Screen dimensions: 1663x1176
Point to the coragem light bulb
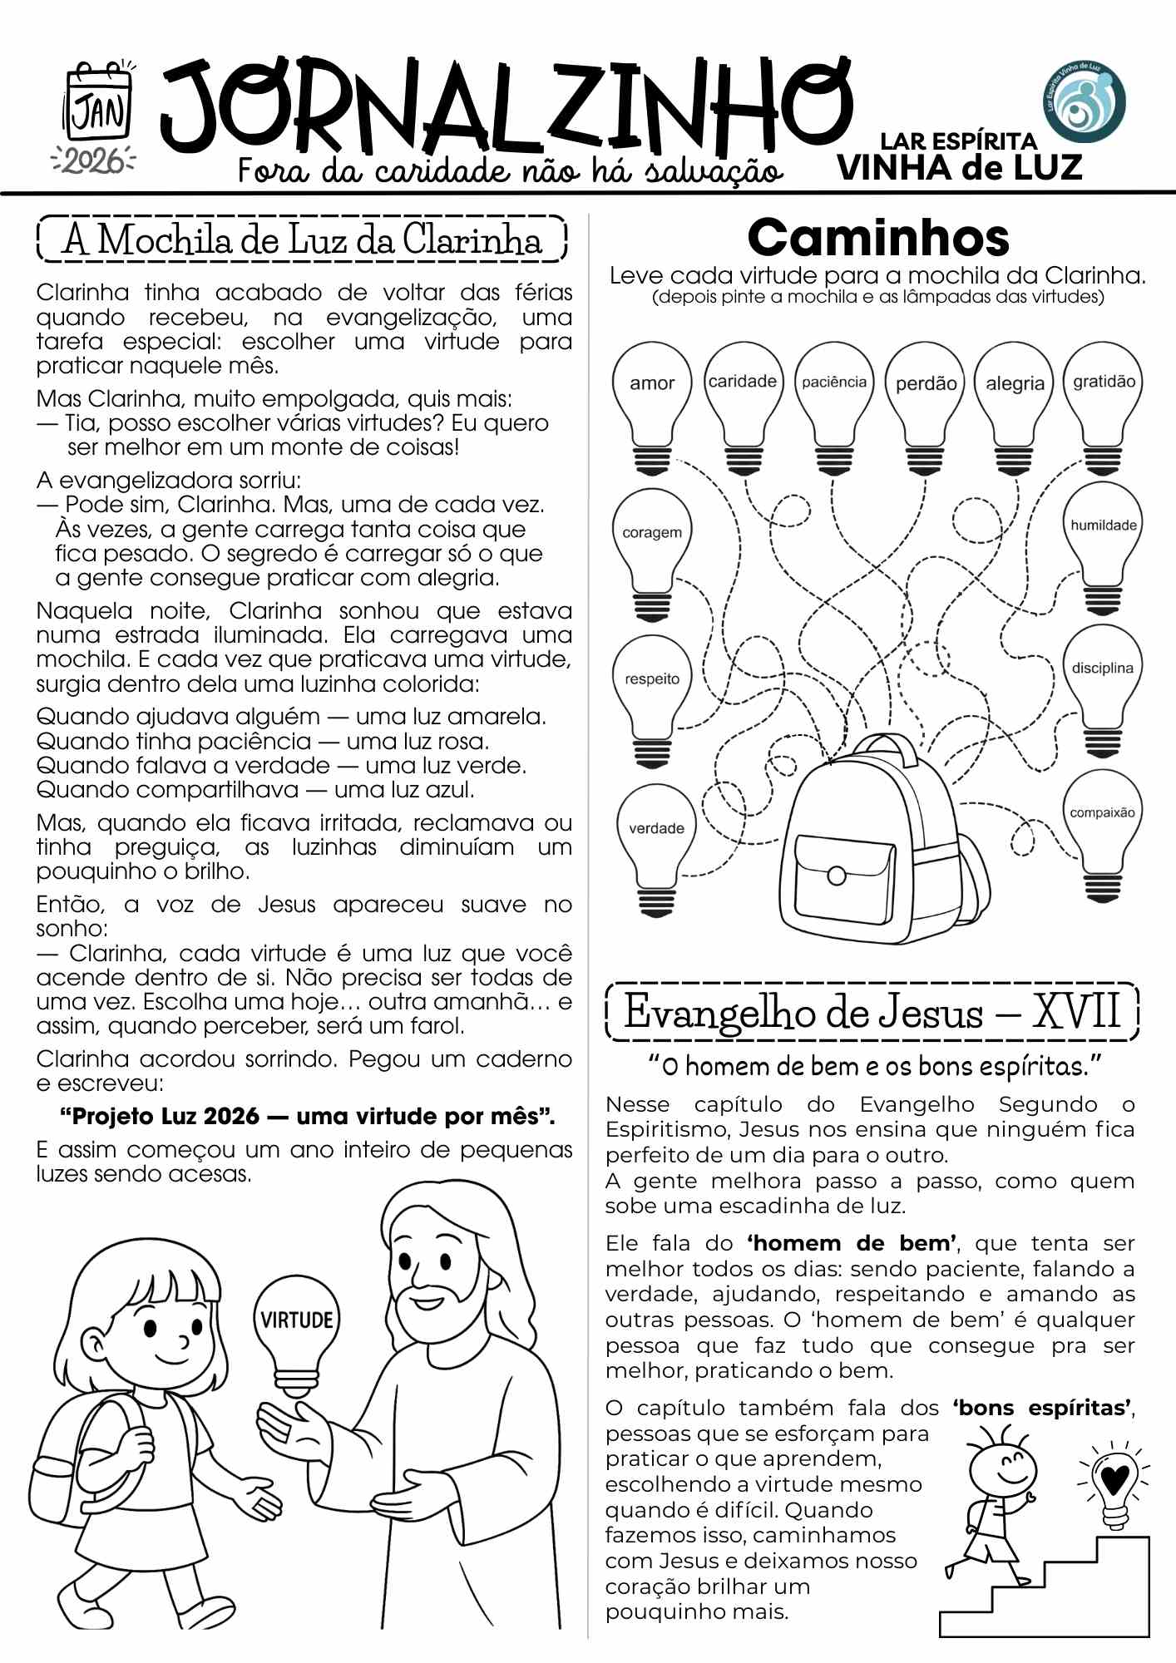[652, 540]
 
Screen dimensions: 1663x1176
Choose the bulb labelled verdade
[656, 836]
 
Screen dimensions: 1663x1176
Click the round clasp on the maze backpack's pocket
[837, 875]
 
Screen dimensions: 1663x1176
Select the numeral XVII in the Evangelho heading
[1076, 1012]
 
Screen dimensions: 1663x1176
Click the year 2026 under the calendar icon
[93, 160]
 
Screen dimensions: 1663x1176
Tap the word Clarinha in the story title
[472, 240]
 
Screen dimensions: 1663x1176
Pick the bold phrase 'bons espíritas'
[1042, 1408]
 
